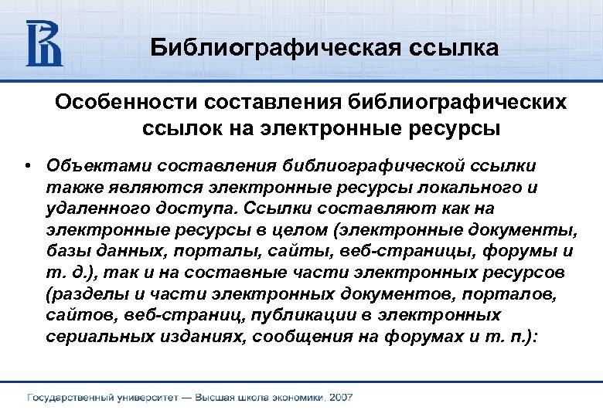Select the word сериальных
[98, 337]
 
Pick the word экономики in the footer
[296, 398]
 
